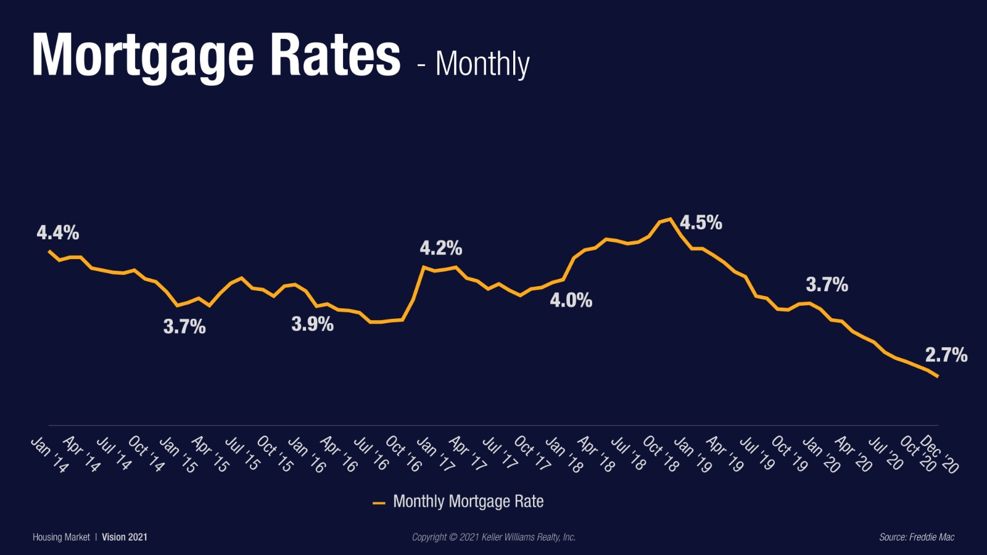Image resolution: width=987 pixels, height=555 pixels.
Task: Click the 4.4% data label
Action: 58,232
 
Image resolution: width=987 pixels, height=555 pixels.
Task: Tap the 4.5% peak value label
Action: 701,223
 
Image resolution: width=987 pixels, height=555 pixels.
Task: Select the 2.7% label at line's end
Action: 946,355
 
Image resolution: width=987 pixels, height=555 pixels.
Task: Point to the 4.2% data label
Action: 441,248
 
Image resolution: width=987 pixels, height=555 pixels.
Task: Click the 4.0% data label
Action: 571,300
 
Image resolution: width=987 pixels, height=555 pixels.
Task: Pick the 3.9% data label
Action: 312,324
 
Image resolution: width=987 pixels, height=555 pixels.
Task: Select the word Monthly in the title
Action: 482,64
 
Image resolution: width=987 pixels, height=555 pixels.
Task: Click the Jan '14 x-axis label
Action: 50,455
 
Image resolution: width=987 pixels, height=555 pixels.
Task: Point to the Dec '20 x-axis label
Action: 940,454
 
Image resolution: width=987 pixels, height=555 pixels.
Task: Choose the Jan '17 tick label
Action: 436,455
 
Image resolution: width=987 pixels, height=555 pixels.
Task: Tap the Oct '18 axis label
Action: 661,454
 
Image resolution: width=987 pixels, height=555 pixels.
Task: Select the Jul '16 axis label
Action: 371,454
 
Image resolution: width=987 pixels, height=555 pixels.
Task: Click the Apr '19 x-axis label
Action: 725,454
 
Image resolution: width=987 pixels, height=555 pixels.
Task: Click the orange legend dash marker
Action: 379,503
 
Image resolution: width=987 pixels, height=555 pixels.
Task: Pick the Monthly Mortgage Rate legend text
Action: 468,501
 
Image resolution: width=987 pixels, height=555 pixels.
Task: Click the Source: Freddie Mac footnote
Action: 917,537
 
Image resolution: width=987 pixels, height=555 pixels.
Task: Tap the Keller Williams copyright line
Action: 493,537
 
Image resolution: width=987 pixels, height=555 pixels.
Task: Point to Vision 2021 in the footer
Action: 125,537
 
